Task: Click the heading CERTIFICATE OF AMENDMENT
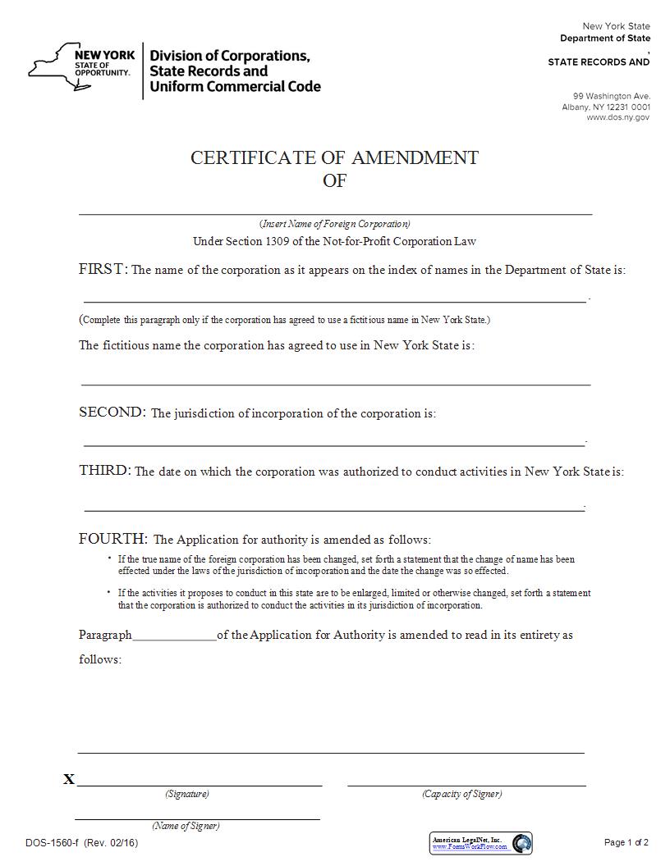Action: click(334, 157)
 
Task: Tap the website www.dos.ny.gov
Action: click(617, 117)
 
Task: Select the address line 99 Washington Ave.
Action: click(612, 96)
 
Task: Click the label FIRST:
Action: click(103, 269)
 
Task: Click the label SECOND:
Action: click(112, 412)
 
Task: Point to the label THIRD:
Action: click(104, 471)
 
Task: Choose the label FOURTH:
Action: click(113, 539)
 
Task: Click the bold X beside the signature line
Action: click(69, 779)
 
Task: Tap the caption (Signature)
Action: click(187, 794)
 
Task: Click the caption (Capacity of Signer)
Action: click(462, 794)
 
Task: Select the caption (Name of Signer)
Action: click(186, 826)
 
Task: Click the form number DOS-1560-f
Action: click(53, 842)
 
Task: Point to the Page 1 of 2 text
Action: click(626, 842)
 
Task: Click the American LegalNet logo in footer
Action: click(481, 843)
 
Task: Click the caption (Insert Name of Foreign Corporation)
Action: click(335, 224)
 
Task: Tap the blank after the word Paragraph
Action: click(174, 636)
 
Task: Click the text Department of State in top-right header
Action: click(605, 39)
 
